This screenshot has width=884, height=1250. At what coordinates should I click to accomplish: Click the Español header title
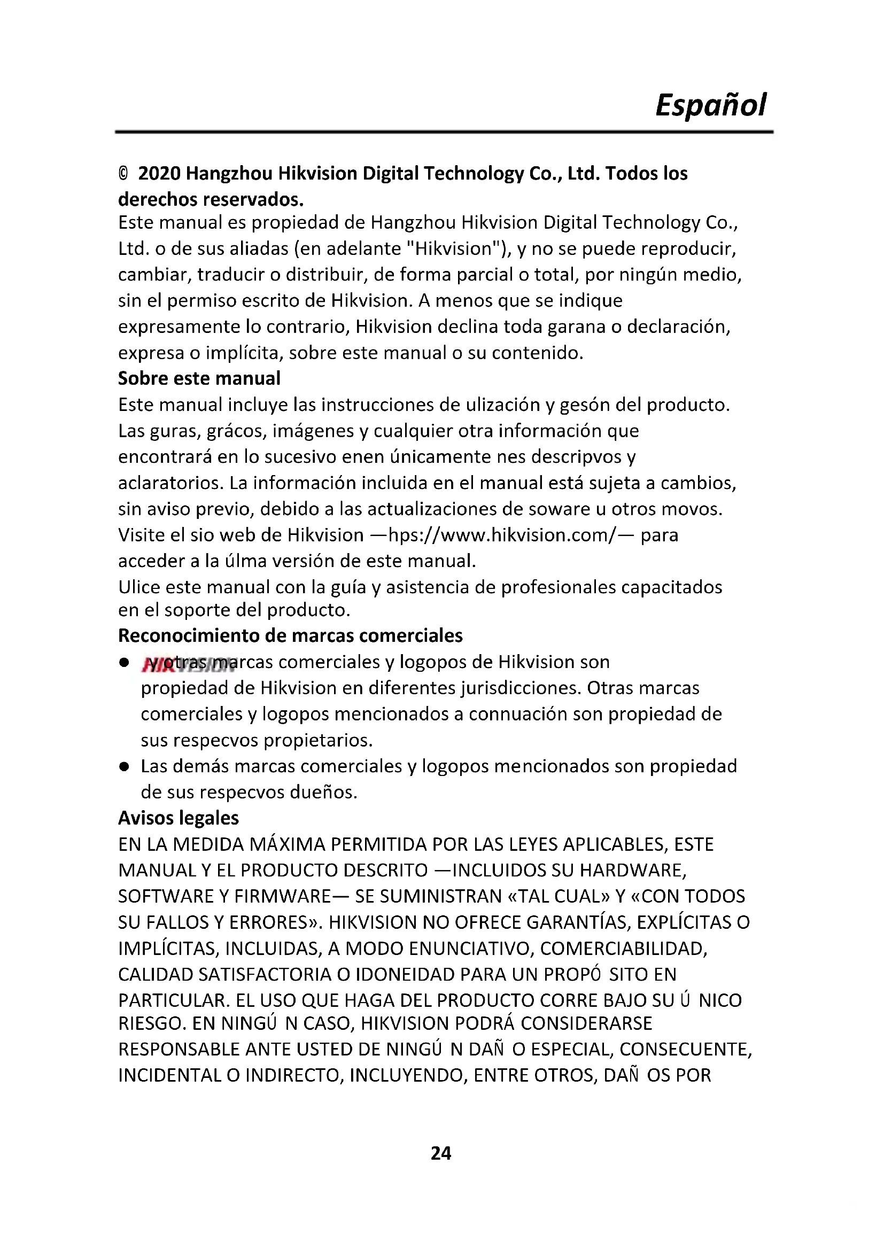tap(710, 105)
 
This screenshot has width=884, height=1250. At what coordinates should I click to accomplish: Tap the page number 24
tap(441, 1153)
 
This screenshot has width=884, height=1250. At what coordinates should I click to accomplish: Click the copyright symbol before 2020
tap(123, 174)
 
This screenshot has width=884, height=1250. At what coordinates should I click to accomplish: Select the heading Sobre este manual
tap(199, 378)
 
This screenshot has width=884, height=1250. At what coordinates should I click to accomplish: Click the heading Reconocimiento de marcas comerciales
tap(290, 635)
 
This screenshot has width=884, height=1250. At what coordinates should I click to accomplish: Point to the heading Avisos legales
tap(179, 818)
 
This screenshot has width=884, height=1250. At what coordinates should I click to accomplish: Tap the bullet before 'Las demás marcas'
tap(124, 766)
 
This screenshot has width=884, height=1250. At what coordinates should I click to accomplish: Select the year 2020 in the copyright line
tap(159, 174)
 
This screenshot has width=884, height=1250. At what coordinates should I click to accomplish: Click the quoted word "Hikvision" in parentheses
tap(454, 249)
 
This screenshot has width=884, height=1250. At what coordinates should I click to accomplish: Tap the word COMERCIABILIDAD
tap(623, 949)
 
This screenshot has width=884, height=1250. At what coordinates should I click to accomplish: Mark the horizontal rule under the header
tap(444, 132)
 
